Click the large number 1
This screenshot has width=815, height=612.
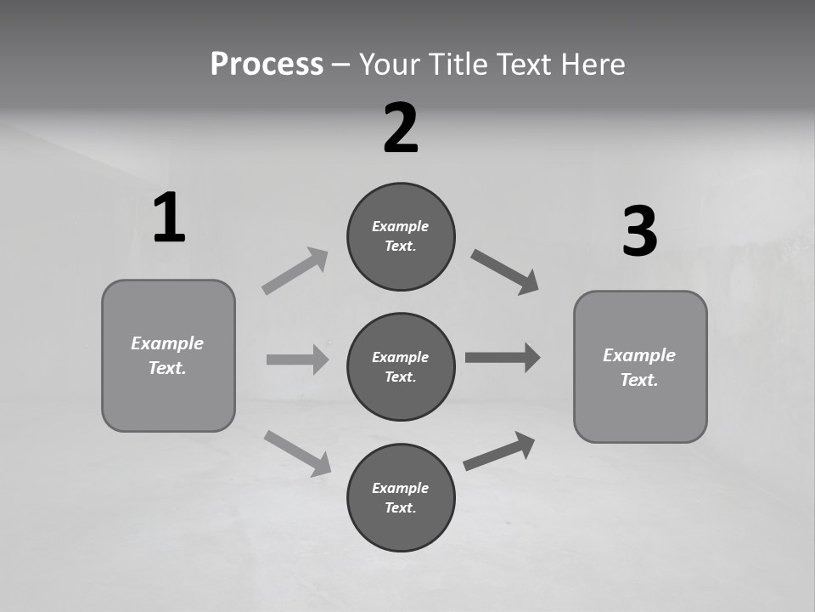[169, 218]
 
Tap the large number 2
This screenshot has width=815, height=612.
[401, 128]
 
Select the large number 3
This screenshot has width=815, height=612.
[639, 232]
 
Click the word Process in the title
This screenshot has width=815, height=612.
[267, 64]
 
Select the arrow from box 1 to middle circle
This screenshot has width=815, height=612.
[297, 360]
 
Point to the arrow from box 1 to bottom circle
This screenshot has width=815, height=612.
[297, 452]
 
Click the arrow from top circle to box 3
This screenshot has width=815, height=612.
[505, 272]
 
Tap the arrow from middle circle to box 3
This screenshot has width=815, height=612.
[503, 357]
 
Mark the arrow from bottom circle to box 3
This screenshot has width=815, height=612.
[499, 451]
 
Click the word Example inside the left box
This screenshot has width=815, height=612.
[167, 343]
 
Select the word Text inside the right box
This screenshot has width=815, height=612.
[638, 380]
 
